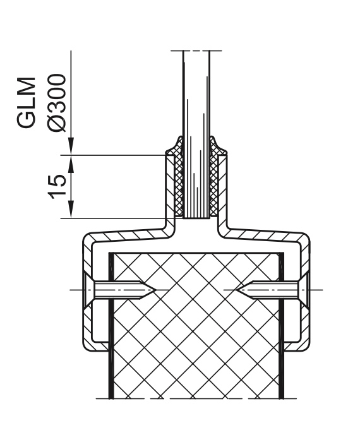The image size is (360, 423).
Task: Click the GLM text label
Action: coord(27,102)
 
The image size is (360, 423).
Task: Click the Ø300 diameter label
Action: coord(57,103)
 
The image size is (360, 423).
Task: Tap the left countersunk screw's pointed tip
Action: coord(155,290)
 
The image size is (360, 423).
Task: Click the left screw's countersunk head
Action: coord(88,290)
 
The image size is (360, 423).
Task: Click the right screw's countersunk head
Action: coord(303,290)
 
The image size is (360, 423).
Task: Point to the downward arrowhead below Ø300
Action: coord(71,146)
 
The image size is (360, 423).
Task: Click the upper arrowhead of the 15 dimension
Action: coord(71,164)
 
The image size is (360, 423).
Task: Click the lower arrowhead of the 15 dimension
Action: coord(71,209)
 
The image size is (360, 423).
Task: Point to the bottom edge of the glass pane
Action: coord(196,218)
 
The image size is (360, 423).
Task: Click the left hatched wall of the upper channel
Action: coord(170,189)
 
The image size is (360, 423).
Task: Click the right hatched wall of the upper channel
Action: coord(223,189)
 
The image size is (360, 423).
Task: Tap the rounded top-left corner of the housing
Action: coord(88,237)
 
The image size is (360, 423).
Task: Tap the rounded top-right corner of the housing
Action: coord(305,237)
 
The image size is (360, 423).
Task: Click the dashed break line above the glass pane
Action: coord(196,51)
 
